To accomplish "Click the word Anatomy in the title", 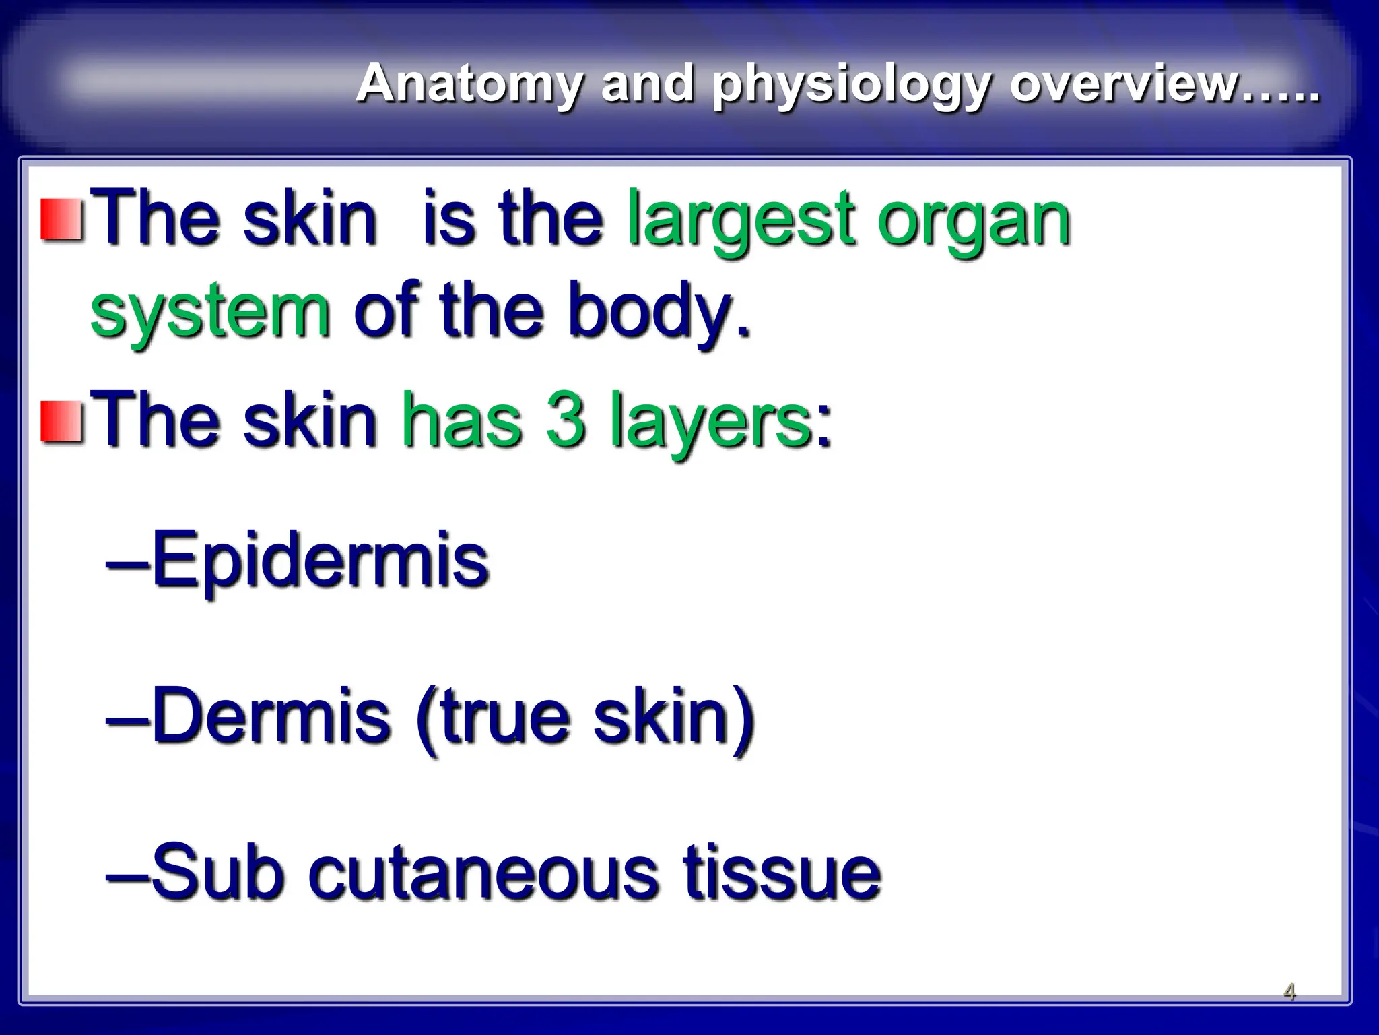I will coord(469,84).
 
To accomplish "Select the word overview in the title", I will coord(1124,84).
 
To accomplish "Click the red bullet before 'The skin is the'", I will coord(62,220).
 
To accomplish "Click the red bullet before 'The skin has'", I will coord(62,422).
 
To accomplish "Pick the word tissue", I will coord(781,872).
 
